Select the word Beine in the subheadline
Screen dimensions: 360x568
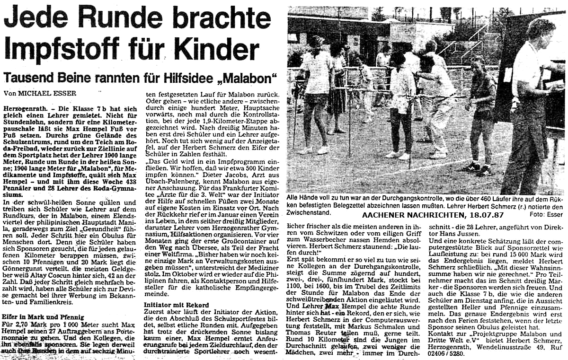point(77,77)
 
